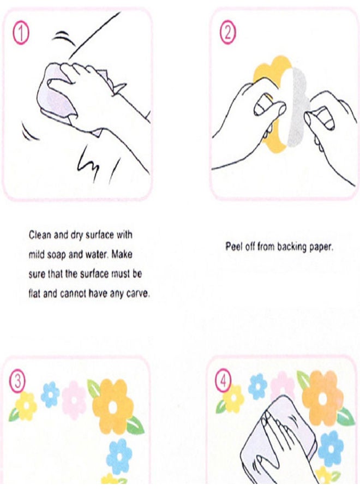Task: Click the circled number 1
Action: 21,34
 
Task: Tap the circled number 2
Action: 227,33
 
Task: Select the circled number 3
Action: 17,381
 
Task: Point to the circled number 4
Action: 223,380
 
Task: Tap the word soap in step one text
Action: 56,255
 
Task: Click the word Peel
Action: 234,247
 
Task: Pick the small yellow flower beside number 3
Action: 26,406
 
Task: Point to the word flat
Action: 34,294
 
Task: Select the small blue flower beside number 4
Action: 257,386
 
